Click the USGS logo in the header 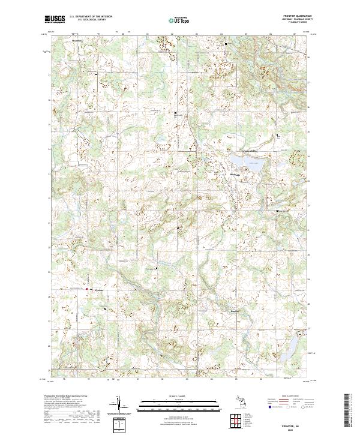coord(54,19)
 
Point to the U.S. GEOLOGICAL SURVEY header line coord(90,20)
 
